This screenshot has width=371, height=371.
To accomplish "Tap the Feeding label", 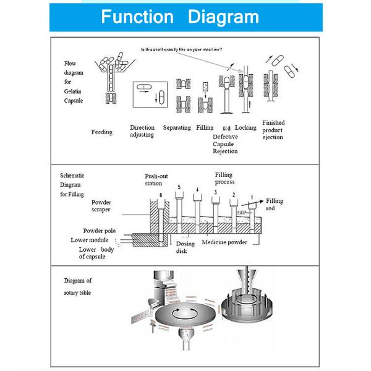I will (x=102, y=132).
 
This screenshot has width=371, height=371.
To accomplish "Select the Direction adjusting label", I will (x=142, y=131).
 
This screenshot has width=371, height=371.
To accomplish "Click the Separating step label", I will (x=176, y=128).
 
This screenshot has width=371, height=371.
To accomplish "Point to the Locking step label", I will (x=245, y=128).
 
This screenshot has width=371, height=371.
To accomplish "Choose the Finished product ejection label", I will (x=273, y=130).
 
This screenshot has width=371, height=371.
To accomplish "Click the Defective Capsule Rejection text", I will (x=225, y=143).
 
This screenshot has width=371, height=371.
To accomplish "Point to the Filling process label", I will (x=224, y=179).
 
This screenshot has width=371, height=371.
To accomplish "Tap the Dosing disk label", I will (x=185, y=247).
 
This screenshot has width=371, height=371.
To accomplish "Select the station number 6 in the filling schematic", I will (x=161, y=195).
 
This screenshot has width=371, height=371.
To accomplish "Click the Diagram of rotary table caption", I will (x=77, y=286).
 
